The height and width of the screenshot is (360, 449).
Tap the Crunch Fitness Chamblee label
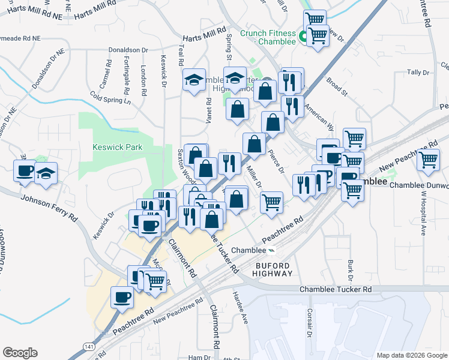point(268,37)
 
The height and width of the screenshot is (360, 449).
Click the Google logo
point(20,353)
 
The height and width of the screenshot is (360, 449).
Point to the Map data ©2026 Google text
point(411,355)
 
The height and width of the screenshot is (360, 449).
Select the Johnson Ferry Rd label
point(49,207)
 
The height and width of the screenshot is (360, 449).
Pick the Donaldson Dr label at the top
point(128,50)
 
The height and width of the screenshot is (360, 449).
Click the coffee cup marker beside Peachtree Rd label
point(122,297)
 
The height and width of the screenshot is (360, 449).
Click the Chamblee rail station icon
point(272,250)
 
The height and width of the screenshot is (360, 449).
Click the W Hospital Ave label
point(422,214)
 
